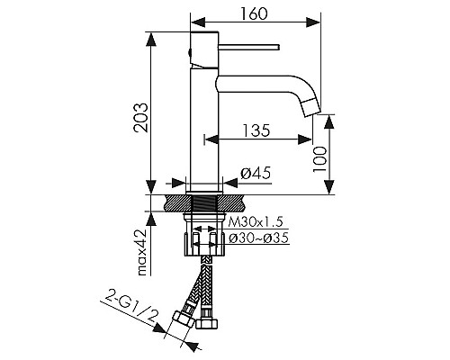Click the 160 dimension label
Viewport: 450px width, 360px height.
[x=254, y=13]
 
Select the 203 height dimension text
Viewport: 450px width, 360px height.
[x=140, y=118]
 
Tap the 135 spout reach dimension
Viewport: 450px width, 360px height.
[x=256, y=130]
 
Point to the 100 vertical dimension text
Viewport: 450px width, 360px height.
[x=319, y=159]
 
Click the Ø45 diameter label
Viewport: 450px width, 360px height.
[x=256, y=173]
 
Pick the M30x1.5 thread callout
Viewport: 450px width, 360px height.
[x=256, y=222]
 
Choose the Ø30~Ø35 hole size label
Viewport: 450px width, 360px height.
[x=258, y=238]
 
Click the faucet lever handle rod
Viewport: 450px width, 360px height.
[x=249, y=47]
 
